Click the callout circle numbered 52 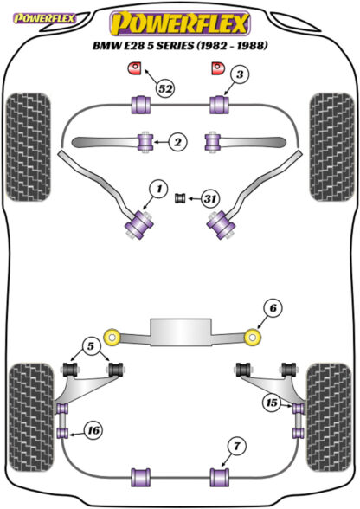165,88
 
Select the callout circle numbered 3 240,75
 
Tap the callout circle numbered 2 178,142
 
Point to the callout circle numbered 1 158,189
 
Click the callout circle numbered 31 210,198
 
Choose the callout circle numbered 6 273,308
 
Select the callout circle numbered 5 91,346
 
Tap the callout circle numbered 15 272,403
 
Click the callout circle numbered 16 93,430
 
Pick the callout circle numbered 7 237,447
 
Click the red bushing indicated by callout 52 133,68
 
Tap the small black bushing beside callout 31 179,198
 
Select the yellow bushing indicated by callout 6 254,338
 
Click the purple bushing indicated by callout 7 220,477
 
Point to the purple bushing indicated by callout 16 62,433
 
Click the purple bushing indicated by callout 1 139,224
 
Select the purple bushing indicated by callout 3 220,105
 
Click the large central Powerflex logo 181,23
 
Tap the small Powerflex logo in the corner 44,18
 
